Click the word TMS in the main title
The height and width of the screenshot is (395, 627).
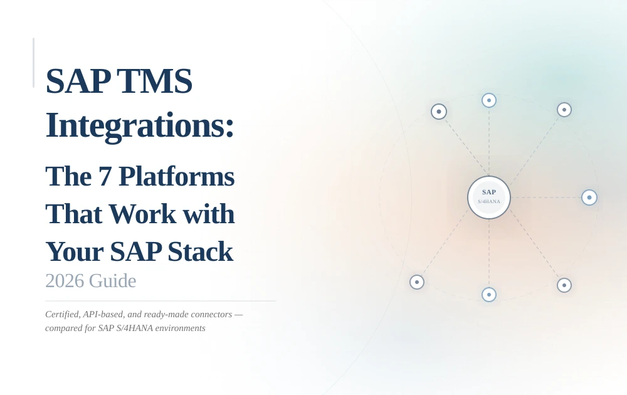[154, 81]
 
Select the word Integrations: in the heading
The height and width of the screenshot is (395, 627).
[140, 125]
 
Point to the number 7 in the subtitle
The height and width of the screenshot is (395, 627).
[104, 176]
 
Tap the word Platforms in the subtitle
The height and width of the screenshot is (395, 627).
[176, 176]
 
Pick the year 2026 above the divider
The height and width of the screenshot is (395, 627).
[64, 280]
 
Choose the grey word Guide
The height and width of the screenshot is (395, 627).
[112, 280]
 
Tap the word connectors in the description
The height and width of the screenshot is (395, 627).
[209, 314]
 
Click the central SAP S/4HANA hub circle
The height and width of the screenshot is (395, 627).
[489, 197]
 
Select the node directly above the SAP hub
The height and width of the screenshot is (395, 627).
[489, 100]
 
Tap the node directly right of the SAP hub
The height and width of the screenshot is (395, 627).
[589, 197]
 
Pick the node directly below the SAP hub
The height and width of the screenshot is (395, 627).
[489, 295]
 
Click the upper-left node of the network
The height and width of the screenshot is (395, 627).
[439, 112]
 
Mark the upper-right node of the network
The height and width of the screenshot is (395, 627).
[564, 110]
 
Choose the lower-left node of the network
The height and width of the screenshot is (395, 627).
[417, 282]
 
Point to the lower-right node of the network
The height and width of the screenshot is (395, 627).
[564, 285]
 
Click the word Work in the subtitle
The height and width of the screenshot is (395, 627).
[142, 214]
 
